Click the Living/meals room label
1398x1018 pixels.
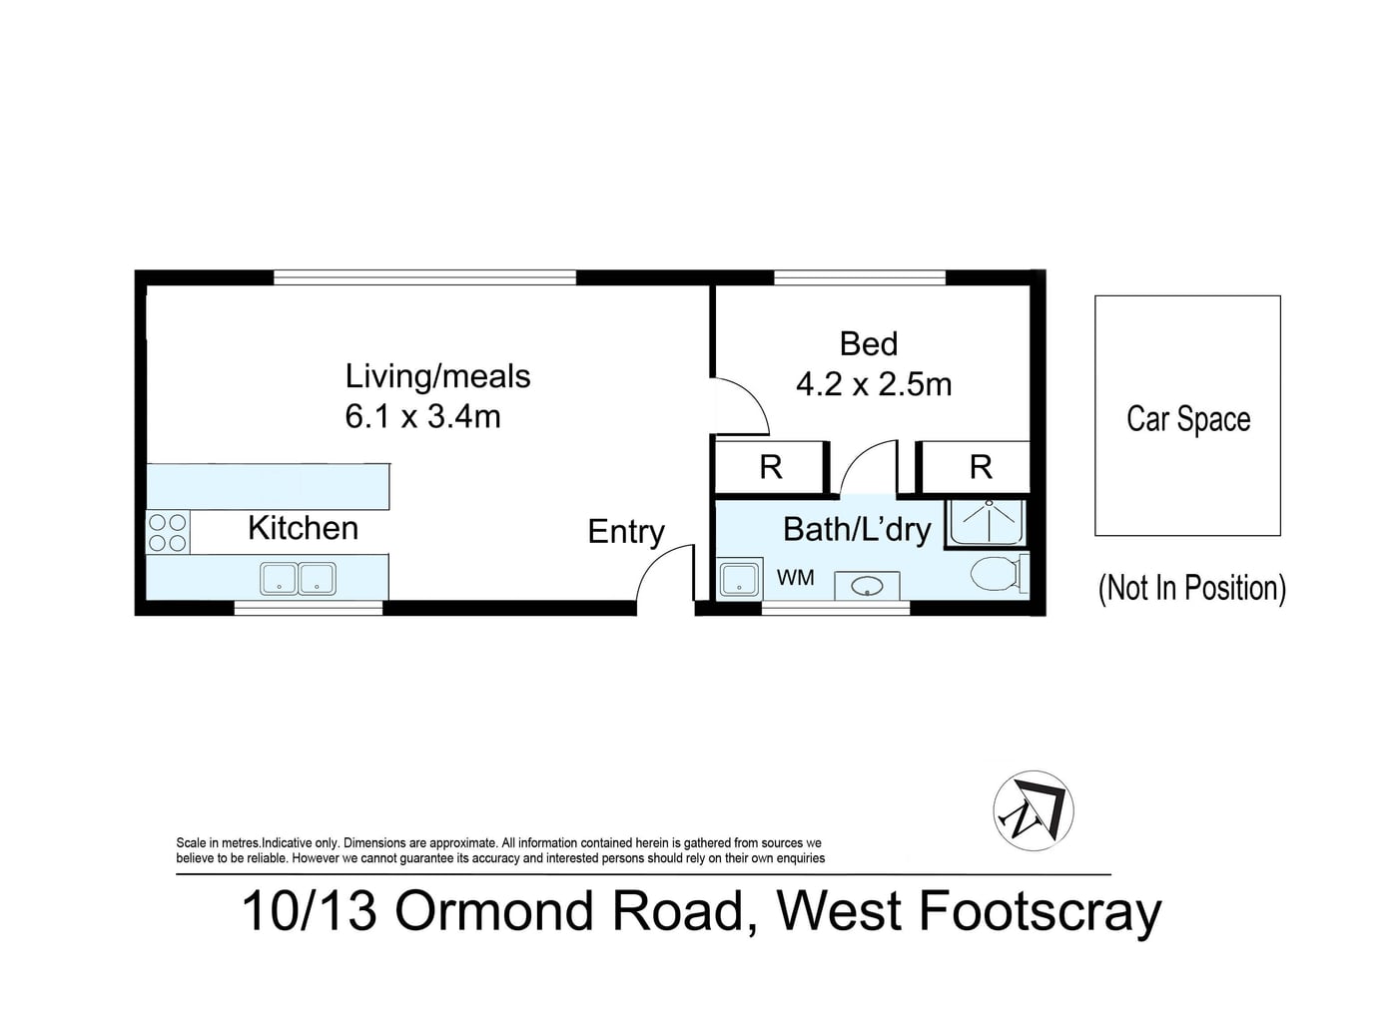437,377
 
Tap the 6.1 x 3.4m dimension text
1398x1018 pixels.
423,416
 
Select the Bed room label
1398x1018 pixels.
868,343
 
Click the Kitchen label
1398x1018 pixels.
304,528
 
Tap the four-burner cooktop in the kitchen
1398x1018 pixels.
168,532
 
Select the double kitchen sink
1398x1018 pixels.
299,578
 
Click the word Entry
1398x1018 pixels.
626,532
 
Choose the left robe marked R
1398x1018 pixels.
771,467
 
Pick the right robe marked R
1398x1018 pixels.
976,467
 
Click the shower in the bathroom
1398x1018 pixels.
987,523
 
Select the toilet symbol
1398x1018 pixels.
999,573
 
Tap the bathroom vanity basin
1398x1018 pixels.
867,586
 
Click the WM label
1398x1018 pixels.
795,578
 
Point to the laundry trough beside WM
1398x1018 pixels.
739,579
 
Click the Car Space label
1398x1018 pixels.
1188,418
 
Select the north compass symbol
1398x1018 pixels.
1034,810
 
